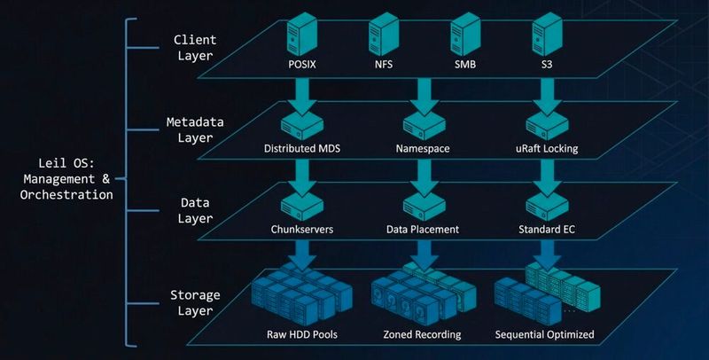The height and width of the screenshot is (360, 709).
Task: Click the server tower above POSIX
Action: click(x=299, y=38)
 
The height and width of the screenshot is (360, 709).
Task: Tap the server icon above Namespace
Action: click(x=419, y=124)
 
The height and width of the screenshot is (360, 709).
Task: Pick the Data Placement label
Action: click(x=422, y=230)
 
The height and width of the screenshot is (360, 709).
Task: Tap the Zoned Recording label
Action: click(x=421, y=335)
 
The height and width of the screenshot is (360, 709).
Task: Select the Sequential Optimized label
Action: click(x=544, y=335)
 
